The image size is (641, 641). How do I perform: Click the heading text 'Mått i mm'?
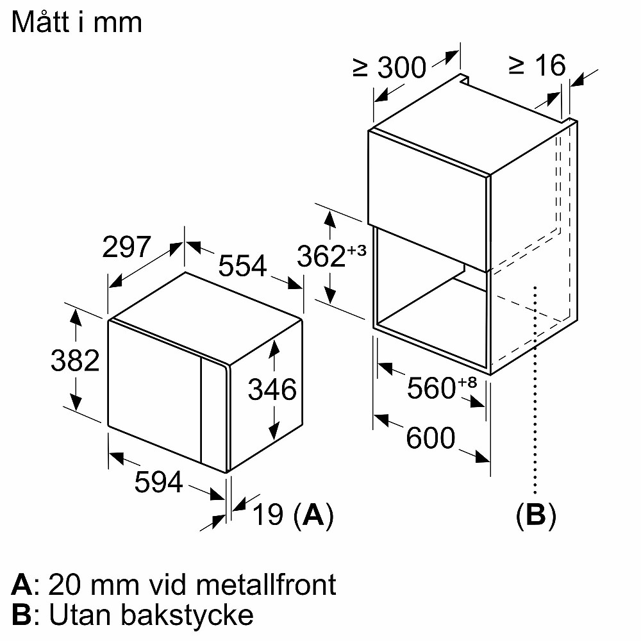tap(77, 23)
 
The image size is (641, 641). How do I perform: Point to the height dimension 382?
tap(75, 361)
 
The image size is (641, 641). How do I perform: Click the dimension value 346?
tap(272, 389)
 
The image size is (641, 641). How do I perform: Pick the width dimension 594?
tap(158, 482)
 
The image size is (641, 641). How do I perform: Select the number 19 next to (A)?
tap(269, 515)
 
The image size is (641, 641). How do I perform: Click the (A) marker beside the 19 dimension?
tap(313, 515)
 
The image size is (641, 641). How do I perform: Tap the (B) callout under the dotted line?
tap(536, 515)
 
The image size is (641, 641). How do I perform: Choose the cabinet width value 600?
tap(430, 438)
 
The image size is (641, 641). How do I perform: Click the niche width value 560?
tap(430, 388)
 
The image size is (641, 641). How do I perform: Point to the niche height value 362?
tap(320, 256)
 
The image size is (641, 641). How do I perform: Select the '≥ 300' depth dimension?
tap(389, 67)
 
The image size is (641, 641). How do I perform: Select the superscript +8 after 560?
tap(468, 383)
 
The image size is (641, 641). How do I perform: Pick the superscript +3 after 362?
tap(356, 251)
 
